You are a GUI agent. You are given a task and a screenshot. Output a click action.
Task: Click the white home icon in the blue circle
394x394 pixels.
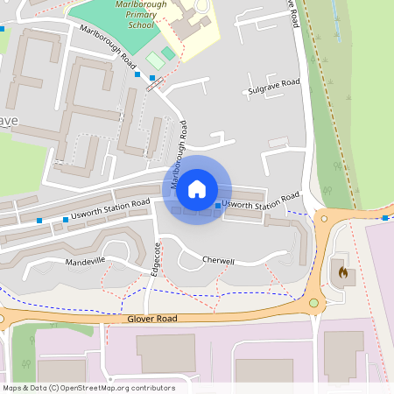[197, 188]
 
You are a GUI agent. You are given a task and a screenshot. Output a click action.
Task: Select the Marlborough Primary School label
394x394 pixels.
[140, 15]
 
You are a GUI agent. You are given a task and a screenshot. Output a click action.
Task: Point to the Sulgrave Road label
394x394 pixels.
[273, 86]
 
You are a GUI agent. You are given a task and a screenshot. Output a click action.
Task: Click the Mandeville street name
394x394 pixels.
[85, 261]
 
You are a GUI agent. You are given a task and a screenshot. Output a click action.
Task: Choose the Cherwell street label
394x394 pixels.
[218, 261]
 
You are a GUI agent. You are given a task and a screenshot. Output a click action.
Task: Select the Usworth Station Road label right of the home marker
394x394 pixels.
[261, 201]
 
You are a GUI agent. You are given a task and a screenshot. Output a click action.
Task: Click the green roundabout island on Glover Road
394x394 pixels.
[313, 303]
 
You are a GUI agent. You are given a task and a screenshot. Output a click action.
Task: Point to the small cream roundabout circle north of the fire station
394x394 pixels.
[324, 218]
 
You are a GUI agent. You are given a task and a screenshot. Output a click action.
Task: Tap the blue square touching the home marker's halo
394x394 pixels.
[218, 207]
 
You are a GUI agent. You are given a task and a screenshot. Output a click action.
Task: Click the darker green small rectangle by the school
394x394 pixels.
[168, 53]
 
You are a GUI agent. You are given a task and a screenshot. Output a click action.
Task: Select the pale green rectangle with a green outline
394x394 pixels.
[155, 60]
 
